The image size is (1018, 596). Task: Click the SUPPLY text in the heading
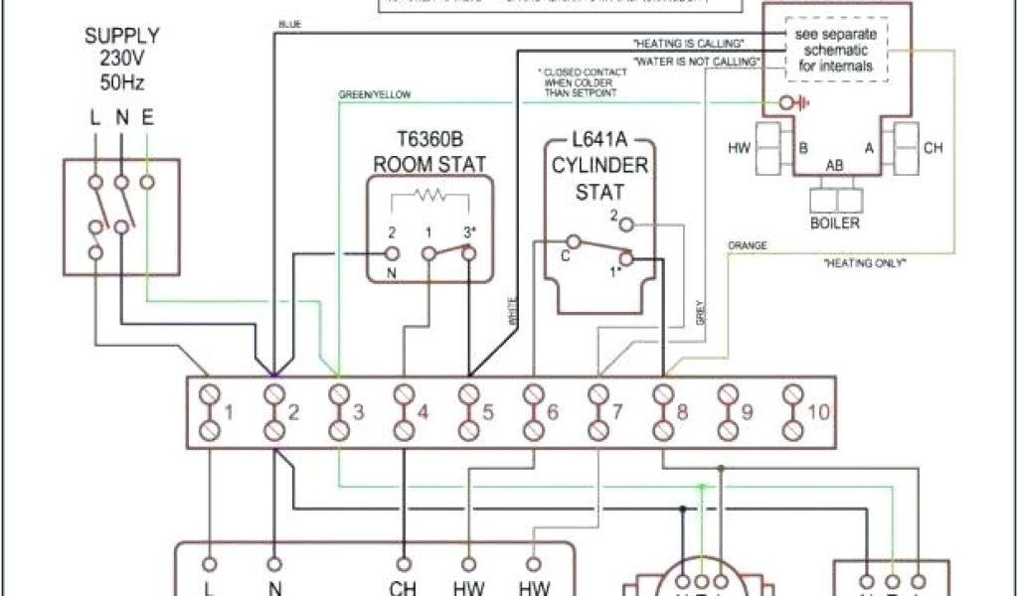pyautogui.click(x=121, y=36)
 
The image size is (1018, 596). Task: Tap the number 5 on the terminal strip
pyautogui.click(x=488, y=412)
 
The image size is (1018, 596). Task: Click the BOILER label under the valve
pyautogui.click(x=835, y=223)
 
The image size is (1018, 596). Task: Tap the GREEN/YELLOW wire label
pyautogui.click(x=376, y=94)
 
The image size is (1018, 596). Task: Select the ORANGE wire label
pyautogui.click(x=747, y=243)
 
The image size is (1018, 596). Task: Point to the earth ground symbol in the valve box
pyautogui.click(x=791, y=101)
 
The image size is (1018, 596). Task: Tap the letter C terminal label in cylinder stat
pyautogui.click(x=565, y=255)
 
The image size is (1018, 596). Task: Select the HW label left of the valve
pyautogui.click(x=739, y=148)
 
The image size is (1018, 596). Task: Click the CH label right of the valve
pyautogui.click(x=933, y=148)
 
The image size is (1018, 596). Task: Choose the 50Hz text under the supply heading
pyautogui.click(x=120, y=81)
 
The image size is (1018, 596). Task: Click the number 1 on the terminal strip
pyautogui.click(x=228, y=412)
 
